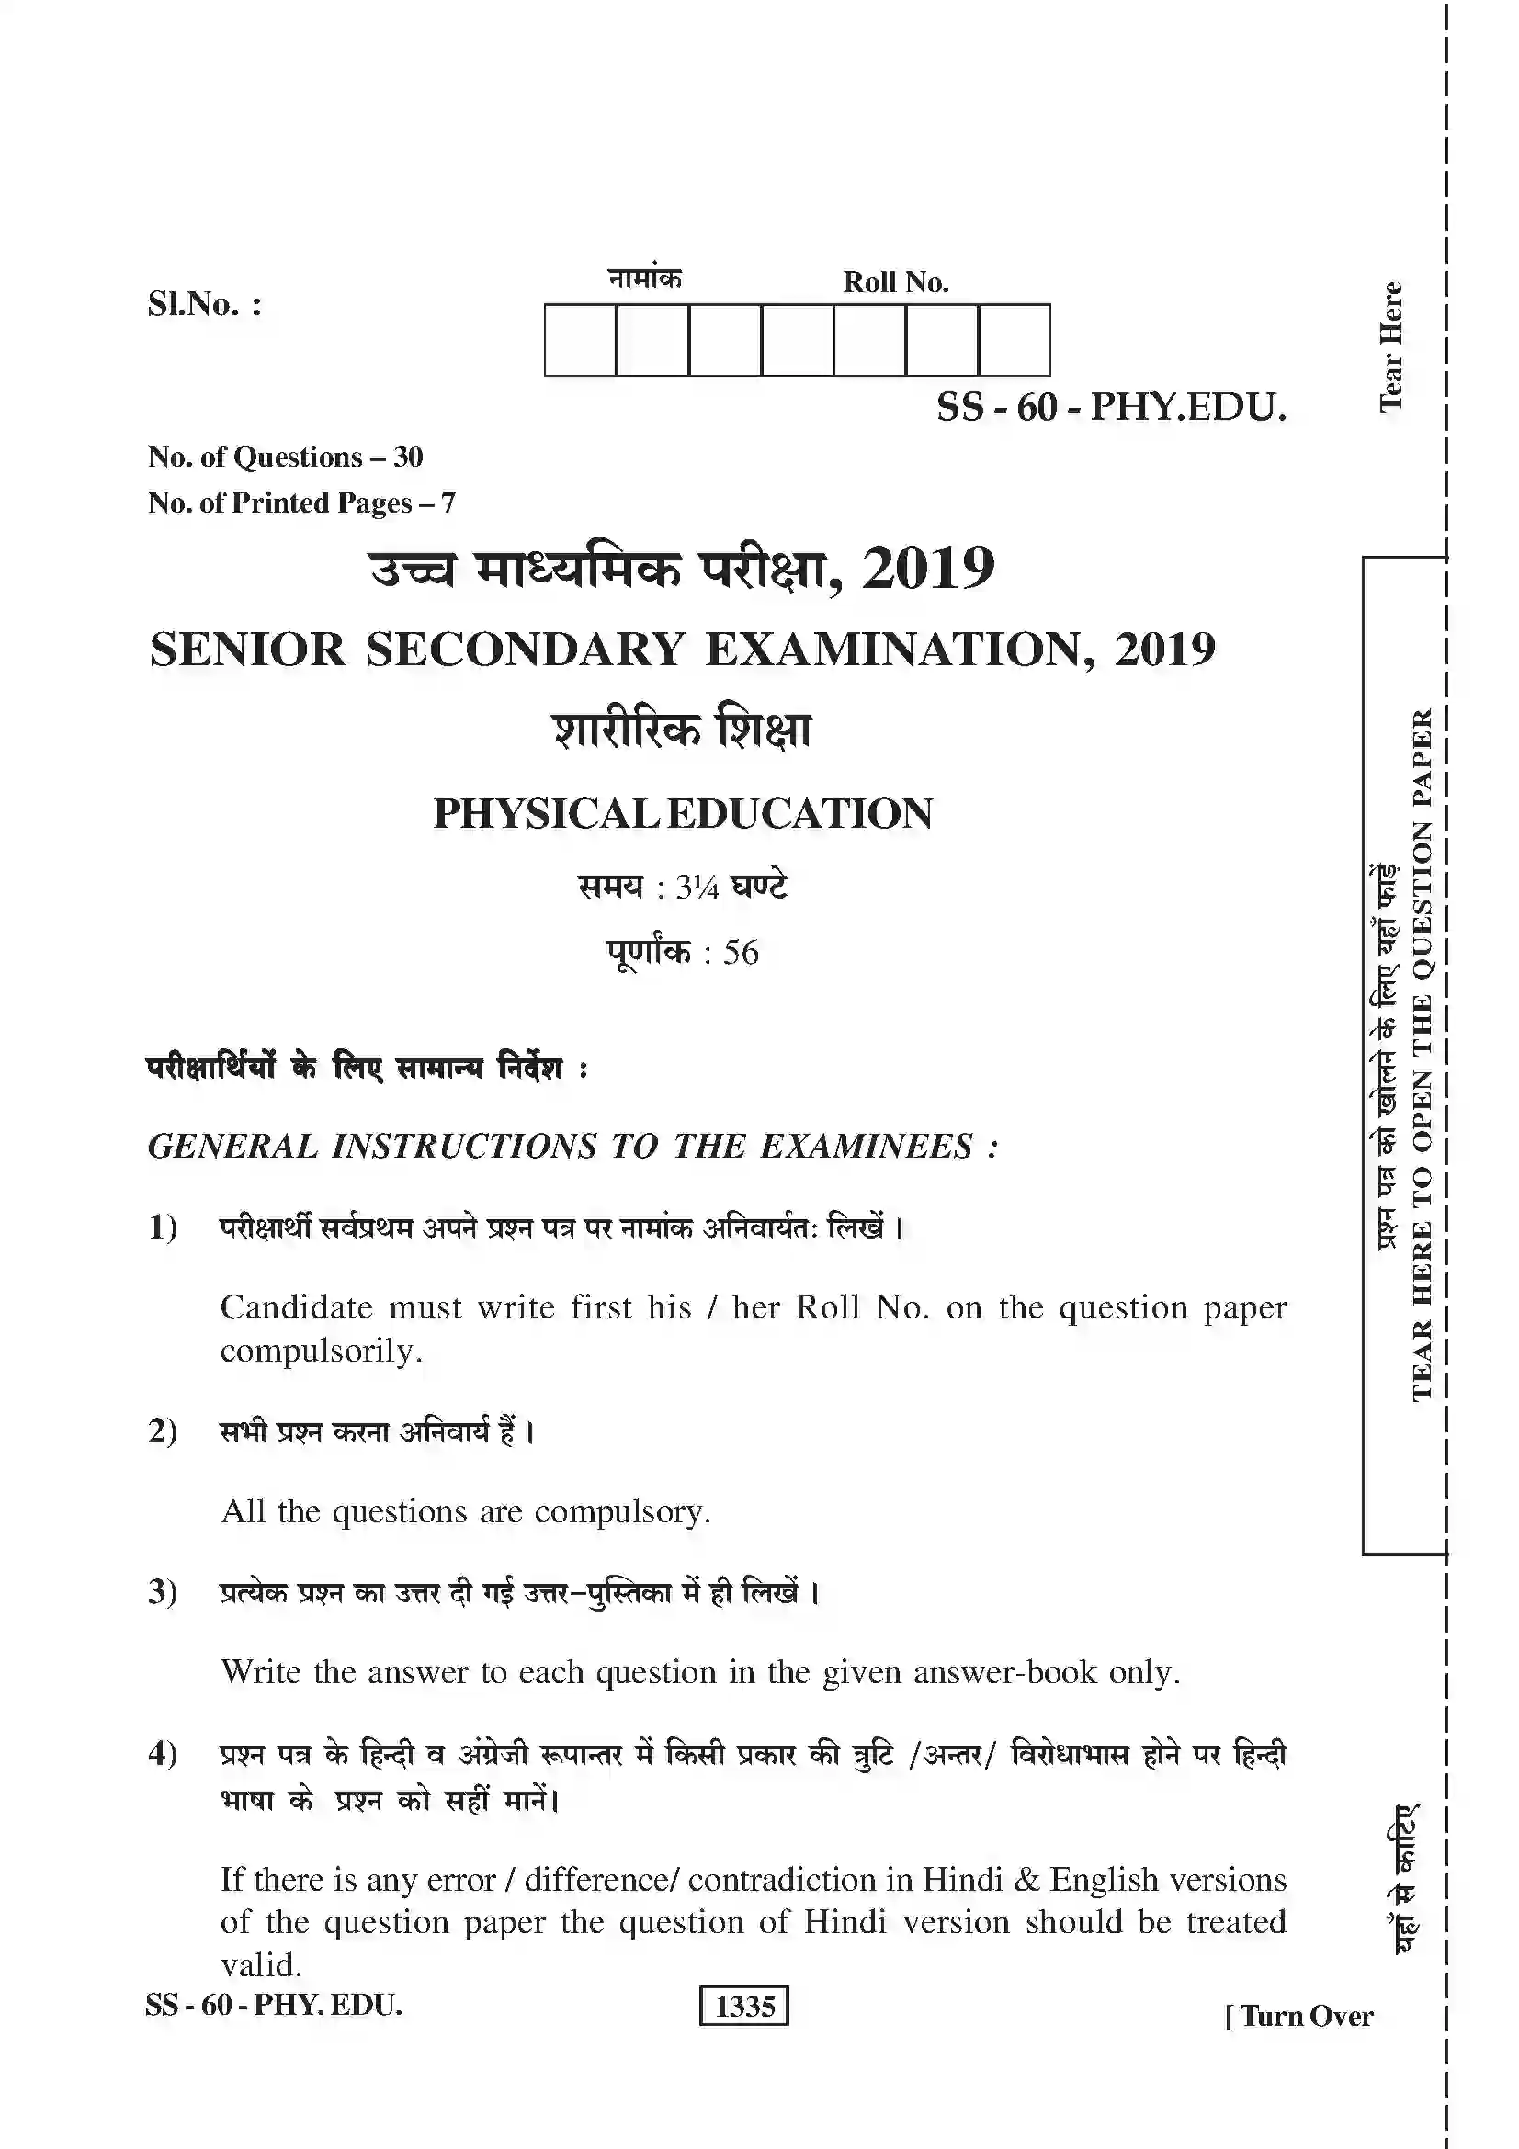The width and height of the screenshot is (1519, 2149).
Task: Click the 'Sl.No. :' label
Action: coord(204,305)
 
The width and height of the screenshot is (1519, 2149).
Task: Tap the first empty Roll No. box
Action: coord(580,340)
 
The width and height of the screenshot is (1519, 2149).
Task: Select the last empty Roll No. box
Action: coord(1015,340)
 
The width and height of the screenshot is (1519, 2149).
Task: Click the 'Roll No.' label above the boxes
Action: coord(896,283)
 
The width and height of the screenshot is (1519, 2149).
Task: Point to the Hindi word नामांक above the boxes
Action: coord(645,278)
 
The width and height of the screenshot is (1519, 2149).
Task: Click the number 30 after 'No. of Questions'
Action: coord(408,457)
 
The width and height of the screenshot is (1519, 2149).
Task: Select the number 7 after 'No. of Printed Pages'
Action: coord(448,503)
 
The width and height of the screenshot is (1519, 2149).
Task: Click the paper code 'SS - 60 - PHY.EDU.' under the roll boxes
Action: coord(1112,407)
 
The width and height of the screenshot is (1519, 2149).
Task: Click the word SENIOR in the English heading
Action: coord(248,650)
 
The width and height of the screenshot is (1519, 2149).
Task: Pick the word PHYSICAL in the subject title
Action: coord(546,813)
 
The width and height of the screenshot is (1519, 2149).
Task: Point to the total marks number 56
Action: coord(741,953)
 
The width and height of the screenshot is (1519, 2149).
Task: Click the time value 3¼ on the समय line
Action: coord(697,887)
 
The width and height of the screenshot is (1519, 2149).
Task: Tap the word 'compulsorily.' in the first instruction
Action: coord(321,1351)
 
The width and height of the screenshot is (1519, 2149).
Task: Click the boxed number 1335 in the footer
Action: coord(744,2006)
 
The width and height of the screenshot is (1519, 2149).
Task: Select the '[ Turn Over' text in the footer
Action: coord(1299,2015)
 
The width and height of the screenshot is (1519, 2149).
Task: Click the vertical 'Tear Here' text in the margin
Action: coord(1390,346)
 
